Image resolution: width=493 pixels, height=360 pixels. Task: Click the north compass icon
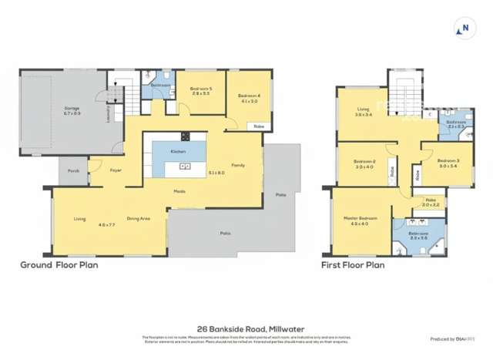tap(464, 30)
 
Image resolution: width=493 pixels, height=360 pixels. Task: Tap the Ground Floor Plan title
tap(59, 264)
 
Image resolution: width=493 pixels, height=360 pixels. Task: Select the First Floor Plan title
tap(353, 264)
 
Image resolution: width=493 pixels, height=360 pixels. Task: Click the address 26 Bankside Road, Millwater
tap(246, 327)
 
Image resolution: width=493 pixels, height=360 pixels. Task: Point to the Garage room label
tap(71, 109)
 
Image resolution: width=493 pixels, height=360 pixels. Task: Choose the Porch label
tap(73, 170)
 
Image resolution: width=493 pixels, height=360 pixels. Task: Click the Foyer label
tap(116, 170)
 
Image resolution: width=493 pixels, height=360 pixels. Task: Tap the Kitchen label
tap(177, 151)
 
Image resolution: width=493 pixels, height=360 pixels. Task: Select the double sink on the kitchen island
tap(185, 166)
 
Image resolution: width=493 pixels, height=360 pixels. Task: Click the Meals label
tap(179, 191)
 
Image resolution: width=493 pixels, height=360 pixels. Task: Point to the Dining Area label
tap(138, 219)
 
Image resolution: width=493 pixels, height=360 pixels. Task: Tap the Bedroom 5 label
tap(200, 89)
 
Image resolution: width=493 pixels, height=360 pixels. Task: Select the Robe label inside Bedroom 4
tap(259, 126)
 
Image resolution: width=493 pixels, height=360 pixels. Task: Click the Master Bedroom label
tap(361, 218)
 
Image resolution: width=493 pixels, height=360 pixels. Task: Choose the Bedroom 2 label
tap(364, 161)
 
